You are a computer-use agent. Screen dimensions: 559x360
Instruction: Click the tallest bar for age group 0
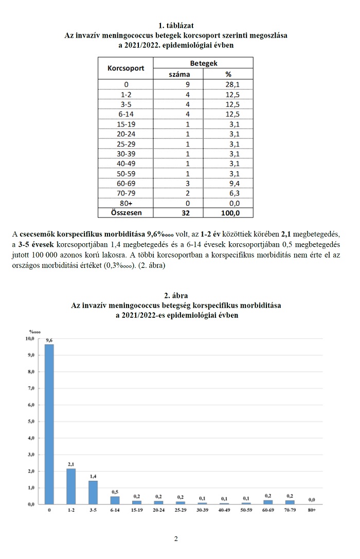49,424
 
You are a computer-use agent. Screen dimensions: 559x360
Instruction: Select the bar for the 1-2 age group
71,486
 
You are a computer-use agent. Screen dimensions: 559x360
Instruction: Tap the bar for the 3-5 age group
93,492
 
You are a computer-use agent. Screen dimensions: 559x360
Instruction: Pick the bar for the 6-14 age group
115,500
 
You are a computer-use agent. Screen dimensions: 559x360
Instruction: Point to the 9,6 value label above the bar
49,340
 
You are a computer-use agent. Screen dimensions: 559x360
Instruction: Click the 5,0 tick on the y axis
30,421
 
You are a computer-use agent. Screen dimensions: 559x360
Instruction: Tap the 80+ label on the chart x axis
312,510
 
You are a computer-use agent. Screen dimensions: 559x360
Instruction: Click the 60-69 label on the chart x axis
267,510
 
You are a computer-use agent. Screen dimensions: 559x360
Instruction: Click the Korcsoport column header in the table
125,68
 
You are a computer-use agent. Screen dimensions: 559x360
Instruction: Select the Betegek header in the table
204,63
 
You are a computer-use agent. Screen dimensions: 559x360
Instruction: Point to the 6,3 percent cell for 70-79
228,192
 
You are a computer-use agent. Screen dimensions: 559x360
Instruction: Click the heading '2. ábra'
176,295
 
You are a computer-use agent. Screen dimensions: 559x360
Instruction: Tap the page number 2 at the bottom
176,539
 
